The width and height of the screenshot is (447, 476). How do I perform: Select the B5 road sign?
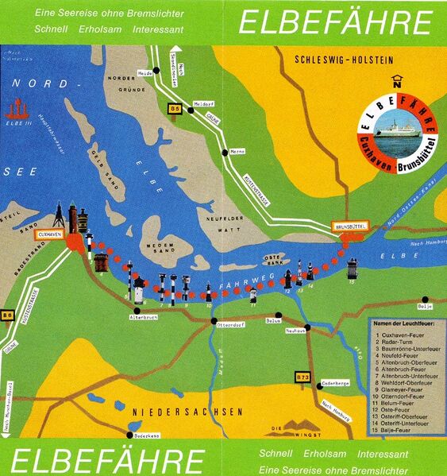(x=175, y=107)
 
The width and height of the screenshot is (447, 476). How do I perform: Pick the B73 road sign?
(x=302, y=376)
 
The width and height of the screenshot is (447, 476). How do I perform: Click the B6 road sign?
(x=8, y=315)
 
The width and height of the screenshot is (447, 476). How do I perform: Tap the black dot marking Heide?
(x=157, y=70)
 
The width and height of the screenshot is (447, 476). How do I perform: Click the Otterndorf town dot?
(x=214, y=322)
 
